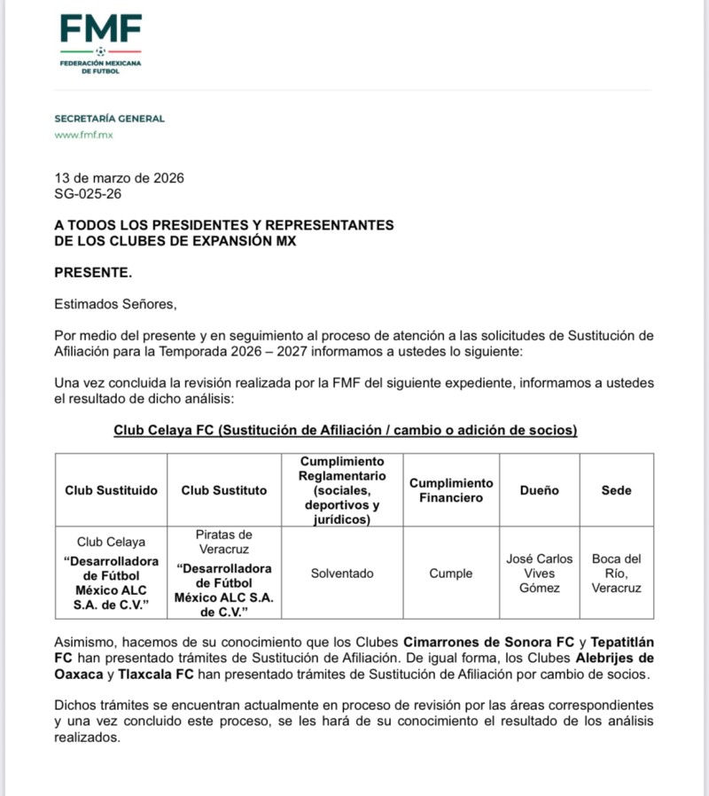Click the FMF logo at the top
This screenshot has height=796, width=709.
pos(100,42)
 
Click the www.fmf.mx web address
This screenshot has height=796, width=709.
pos(83,135)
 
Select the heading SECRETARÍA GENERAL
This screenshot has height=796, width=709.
pos(109,118)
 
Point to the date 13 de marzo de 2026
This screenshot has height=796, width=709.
pos(120,177)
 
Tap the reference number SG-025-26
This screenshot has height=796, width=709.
pos(88,192)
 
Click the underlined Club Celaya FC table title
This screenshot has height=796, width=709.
pos(346,430)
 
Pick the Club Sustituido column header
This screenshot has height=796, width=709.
pos(112,490)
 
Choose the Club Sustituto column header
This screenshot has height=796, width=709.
pos(223,490)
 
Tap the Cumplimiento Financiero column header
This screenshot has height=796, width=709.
pos(450,490)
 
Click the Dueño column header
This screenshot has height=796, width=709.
pos(539,490)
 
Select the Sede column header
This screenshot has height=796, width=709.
pos(616,490)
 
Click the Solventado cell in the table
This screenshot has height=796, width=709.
pos(342,574)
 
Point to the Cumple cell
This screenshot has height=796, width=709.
pos(450,574)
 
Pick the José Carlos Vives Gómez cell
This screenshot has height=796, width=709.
pos(539,574)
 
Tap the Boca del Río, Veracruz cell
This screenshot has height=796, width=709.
pos(616,574)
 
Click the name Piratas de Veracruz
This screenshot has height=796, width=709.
pos(223,542)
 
